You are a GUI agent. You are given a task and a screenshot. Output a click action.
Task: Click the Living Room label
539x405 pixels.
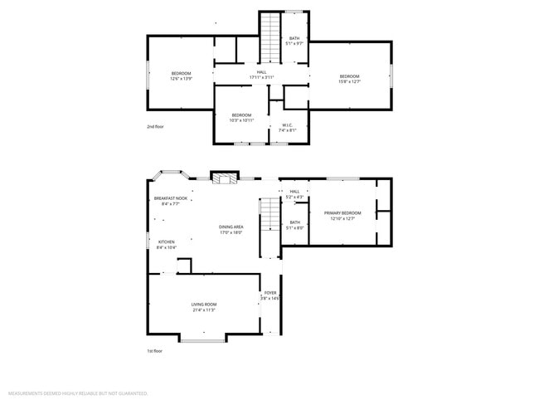(x=203, y=305)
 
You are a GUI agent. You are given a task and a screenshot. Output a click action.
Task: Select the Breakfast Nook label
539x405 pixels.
(x=170, y=198)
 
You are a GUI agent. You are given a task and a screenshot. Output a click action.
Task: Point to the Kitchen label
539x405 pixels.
(x=167, y=242)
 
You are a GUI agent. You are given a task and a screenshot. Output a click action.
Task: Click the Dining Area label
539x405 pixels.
(x=231, y=227)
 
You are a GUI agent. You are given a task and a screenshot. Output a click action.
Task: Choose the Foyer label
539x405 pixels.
(x=270, y=293)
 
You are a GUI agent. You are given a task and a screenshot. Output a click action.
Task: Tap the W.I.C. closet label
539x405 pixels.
(x=287, y=126)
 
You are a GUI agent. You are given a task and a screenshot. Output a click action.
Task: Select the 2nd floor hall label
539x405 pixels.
(x=261, y=73)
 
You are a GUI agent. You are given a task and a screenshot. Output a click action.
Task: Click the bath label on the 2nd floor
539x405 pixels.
(x=294, y=38)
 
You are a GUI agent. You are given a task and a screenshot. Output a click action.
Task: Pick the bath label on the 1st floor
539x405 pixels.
(x=294, y=222)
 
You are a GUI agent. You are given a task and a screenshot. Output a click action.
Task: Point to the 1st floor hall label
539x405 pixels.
(x=294, y=192)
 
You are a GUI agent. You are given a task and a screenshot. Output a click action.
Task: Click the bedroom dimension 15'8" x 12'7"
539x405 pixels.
(x=349, y=81)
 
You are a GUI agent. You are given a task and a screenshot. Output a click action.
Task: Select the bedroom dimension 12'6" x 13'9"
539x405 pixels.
(x=182, y=79)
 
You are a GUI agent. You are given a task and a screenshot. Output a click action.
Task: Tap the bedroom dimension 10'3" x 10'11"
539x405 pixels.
(x=241, y=120)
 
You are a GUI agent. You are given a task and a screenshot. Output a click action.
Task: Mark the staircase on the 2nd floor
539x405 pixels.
(x=271, y=37)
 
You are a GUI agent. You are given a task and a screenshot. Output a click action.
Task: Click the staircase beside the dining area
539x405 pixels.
(x=269, y=216)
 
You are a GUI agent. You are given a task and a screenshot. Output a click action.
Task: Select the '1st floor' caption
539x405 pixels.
(x=154, y=351)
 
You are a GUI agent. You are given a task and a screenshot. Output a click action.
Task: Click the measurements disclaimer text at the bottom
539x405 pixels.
(x=78, y=393)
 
